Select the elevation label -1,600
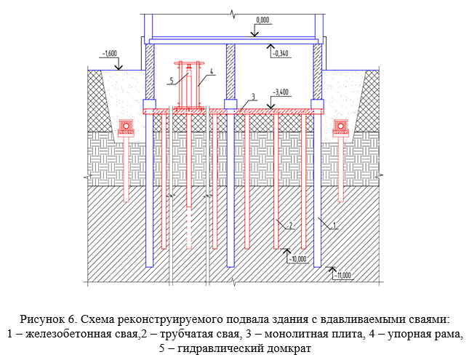111,54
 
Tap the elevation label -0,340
281,53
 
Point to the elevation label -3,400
280,92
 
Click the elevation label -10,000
298,259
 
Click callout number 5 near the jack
172,79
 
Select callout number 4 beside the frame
210,72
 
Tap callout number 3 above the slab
252,96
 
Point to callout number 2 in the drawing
290,226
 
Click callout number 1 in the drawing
333,226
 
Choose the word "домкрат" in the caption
290,348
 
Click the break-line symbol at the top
233,13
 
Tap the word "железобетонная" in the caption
68,334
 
